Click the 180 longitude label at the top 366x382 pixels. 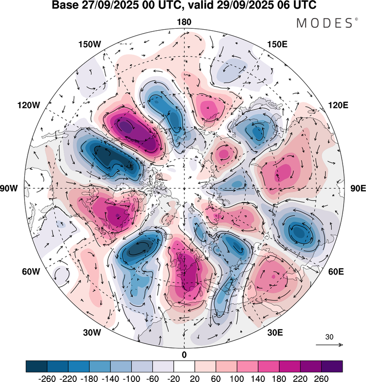[184, 22]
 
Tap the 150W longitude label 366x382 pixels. [90, 44]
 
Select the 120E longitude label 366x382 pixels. [339, 105]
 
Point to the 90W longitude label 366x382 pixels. [9, 188]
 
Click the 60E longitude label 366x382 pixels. [336, 271]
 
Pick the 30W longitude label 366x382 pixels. [92, 332]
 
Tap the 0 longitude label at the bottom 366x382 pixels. [184, 355]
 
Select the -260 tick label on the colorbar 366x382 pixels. [47, 378]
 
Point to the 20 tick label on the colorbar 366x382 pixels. [195, 378]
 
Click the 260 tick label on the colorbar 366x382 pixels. [322, 378]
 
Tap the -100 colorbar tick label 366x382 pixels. [132, 378]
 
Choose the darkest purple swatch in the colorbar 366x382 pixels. [332, 366]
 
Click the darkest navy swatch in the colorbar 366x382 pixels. [36, 366]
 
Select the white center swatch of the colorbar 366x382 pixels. [184, 366]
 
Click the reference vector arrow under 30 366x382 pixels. [329, 345]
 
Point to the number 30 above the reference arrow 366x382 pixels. [329, 337]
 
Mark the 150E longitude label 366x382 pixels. [277, 44]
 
